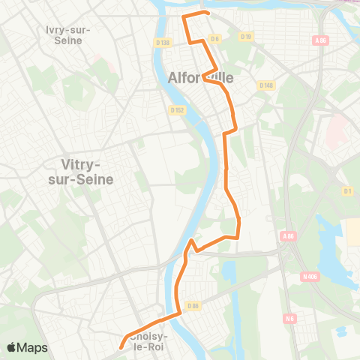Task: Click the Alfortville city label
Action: (201, 76)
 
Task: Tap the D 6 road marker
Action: (214, 38)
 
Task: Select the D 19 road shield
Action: (245, 36)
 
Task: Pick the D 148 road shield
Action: (265, 85)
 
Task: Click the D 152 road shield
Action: (177, 110)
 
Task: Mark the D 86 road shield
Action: (193, 305)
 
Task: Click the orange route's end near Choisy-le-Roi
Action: (120, 346)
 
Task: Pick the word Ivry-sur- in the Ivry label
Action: (68, 29)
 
